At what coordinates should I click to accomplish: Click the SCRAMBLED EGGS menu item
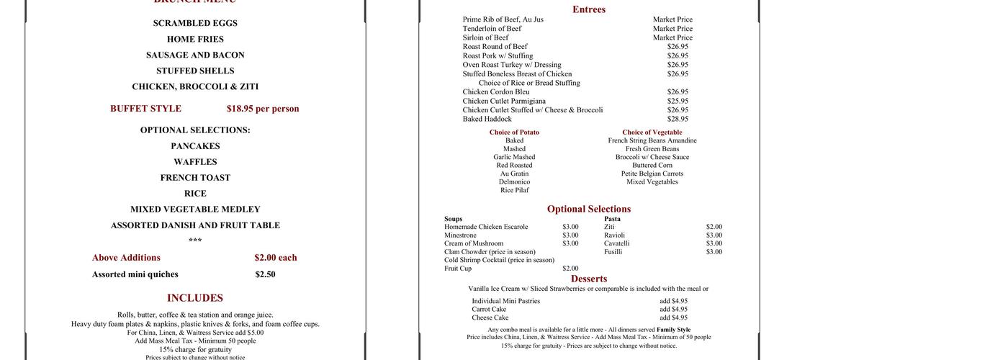coord(195,23)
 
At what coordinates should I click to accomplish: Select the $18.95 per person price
coord(263,109)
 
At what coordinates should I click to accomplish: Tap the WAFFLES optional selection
coord(195,162)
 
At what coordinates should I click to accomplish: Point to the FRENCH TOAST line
coord(195,178)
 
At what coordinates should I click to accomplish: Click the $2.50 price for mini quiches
coord(265,274)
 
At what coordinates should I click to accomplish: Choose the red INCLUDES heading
coord(195,298)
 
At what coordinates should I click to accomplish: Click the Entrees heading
coord(589,9)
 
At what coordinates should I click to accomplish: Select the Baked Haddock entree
coord(487,119)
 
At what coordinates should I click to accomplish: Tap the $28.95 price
coord(678,119)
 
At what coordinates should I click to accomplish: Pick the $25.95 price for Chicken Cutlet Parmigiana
coord(678,101)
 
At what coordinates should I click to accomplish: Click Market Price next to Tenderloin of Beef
coord(672,29)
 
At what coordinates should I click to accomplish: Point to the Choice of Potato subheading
coord(514,132)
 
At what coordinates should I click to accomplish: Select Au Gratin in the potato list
coord(514,174)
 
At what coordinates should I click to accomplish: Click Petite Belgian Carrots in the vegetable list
coord(652,174)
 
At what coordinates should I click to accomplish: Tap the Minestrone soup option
coord(460,235)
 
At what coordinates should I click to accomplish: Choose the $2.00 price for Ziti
coord(714,227)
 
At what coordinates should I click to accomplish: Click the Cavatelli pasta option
coord(617,243)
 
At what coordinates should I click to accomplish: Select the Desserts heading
coord(589,279)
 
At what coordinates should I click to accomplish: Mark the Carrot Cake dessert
coord(489,310)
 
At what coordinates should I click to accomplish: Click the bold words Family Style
coord(673,330)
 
